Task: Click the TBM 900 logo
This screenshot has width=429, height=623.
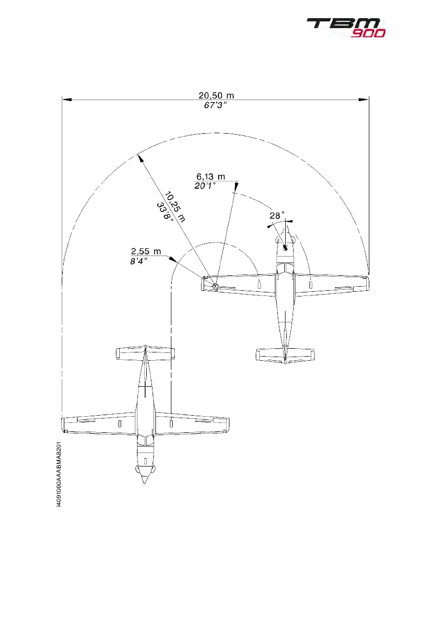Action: coord(345,27)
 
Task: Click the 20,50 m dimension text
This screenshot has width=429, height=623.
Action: coord(216,95)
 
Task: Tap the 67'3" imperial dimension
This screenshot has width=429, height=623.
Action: coord(216,106)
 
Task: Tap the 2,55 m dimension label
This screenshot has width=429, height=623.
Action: coord(146,252)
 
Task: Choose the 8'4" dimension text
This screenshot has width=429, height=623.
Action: coord(139,261)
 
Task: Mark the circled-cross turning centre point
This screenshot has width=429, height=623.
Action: coord(215,286)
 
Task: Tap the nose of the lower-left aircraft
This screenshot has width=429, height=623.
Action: coord(145,480)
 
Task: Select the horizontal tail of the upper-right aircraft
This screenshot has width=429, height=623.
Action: coord(285,355)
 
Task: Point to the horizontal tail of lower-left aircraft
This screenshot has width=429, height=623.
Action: coord(145,353)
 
